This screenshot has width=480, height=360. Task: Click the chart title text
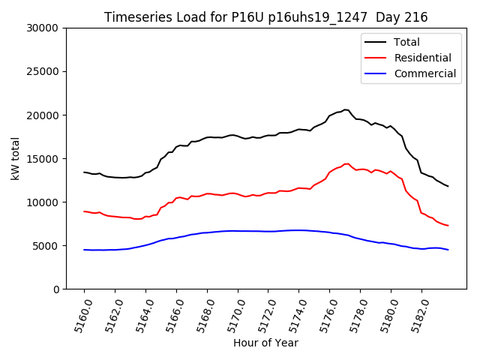click(265, 17)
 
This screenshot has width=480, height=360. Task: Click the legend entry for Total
click(406, 42)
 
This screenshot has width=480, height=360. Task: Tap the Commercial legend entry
click(424, 73)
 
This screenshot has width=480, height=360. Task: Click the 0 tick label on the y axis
click(57, 289)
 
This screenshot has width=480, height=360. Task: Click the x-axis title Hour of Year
click(265, 343)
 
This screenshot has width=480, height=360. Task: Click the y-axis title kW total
click(16, 158)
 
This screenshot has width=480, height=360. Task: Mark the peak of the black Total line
click(345, 109)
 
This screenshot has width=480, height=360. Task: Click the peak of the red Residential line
click(346, 163)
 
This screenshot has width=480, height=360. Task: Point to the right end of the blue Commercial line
click(448, 250)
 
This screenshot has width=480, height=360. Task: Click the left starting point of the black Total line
click(84, 172)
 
